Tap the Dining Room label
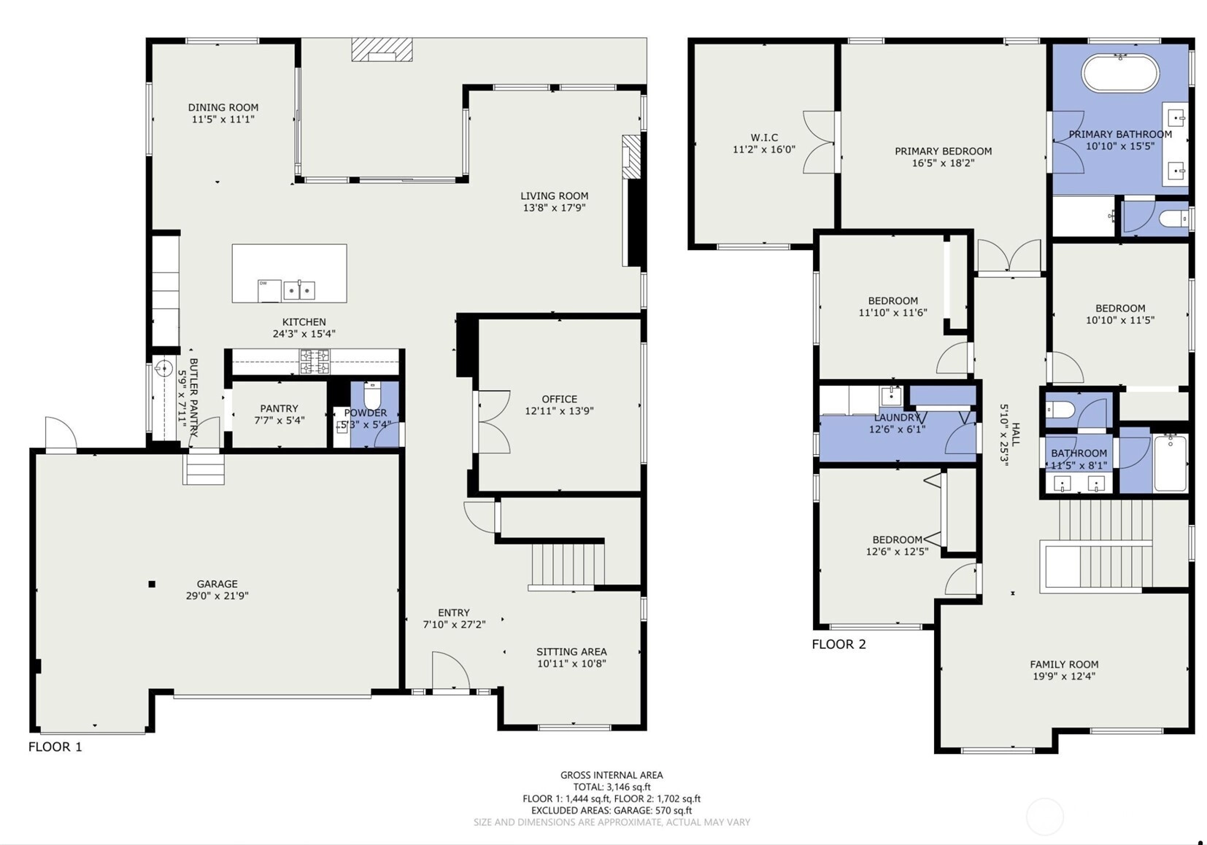click(x=223, y=108)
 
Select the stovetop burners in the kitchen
click(x=315, y=361)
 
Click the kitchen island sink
click(x=299, y=290)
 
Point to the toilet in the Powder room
click(x=372, y=396)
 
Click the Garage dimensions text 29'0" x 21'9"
click(x=217, y=596)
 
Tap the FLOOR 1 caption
click(x=55, y=747)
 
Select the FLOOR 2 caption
click(x=839, y=645)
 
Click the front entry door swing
click(x=450, y=671)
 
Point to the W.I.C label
click(x=764, y=138)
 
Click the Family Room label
click(x=1064, y=665)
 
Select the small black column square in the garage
click(x=152, y=584)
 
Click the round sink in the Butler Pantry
click(x=163, y=369)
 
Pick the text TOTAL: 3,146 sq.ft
click(x=612, y=787)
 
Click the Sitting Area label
click(x=571, y=652)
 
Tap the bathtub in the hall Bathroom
click(x=1171, y=463)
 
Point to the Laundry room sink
click(x=891, y=396)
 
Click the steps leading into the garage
click(x=203, y=470)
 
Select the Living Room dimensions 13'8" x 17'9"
click(x=554, y=208)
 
